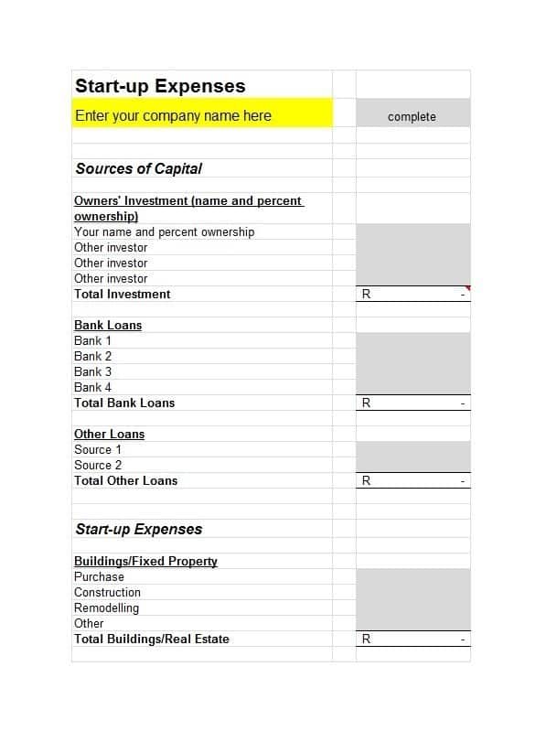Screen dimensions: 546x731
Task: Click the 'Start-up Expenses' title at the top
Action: tap(160, 86)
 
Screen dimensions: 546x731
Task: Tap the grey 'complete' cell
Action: tap(412, 116)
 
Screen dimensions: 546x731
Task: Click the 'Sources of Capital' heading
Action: tap(138, 168)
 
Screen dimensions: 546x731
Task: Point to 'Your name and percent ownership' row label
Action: tap(164, 231)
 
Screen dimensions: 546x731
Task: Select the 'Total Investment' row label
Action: tap(122, 294)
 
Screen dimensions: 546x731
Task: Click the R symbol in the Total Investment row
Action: tap(366, 294)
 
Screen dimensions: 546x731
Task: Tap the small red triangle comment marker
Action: tap(466, 288)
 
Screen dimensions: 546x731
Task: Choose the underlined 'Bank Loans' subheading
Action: tap(108, 325)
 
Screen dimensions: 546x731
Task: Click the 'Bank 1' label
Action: tap(92, 340)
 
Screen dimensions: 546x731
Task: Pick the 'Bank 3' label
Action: tap(92, 371)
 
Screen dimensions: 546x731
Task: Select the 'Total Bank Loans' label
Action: tap(123, 403)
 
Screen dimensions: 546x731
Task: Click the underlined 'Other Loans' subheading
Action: tap(109, 434)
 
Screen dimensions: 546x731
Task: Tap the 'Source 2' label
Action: tap(97, 465)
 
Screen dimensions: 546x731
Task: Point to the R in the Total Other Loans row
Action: tap(366, 480)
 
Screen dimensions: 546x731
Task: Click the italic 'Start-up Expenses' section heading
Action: tap(138, 529)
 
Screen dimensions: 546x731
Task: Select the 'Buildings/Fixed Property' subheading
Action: tap(145, 561)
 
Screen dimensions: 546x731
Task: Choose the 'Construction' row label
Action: tap(107, 592)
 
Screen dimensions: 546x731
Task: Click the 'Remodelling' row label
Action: tap(106, 607)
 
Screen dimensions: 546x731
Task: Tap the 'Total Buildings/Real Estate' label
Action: tap(151, 639)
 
